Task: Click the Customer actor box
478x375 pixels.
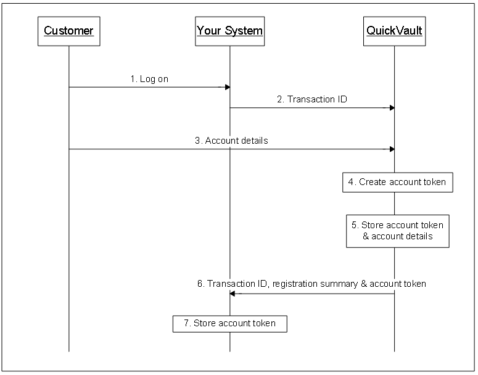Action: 68,30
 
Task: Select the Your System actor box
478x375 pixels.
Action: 229,30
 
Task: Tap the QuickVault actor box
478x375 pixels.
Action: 394,30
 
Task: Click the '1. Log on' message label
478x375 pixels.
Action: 149,79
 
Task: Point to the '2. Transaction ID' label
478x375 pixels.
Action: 313,99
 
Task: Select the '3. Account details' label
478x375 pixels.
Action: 231,141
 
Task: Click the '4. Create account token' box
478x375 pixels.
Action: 398,182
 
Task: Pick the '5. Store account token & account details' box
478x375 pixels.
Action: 398,231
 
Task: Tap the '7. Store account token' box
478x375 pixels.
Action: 229,323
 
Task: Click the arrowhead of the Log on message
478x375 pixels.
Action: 226,87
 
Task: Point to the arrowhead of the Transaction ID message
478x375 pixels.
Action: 391,108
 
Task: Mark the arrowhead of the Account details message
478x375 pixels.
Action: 391,149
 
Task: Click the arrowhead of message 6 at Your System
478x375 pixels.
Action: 233,294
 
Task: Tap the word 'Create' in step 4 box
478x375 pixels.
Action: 372,182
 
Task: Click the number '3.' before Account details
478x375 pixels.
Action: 199,141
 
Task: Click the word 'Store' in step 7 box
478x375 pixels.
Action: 205,323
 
